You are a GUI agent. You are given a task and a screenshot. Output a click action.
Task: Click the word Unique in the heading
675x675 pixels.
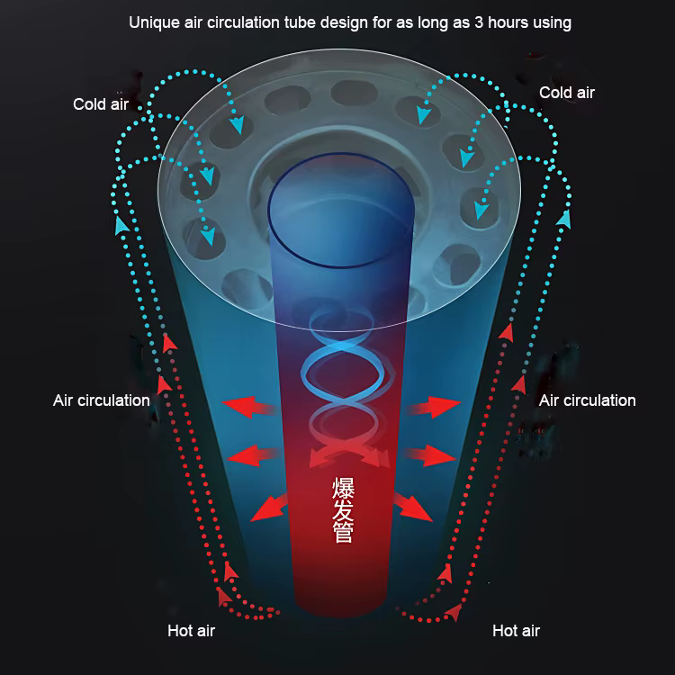click(x=153, y=22)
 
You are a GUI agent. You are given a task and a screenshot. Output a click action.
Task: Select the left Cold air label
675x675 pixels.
click(x=101, y=104)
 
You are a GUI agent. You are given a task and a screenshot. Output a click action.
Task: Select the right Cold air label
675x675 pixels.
click(x=567, y=93)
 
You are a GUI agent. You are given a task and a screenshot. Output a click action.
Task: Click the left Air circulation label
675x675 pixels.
click(x=102, y=400)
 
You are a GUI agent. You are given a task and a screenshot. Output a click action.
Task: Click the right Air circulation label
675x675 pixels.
click(x=587, y=400)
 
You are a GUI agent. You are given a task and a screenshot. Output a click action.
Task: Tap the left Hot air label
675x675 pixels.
click(x=191, y=631)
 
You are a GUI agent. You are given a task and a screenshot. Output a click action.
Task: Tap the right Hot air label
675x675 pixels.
click(x=516, y=631)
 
